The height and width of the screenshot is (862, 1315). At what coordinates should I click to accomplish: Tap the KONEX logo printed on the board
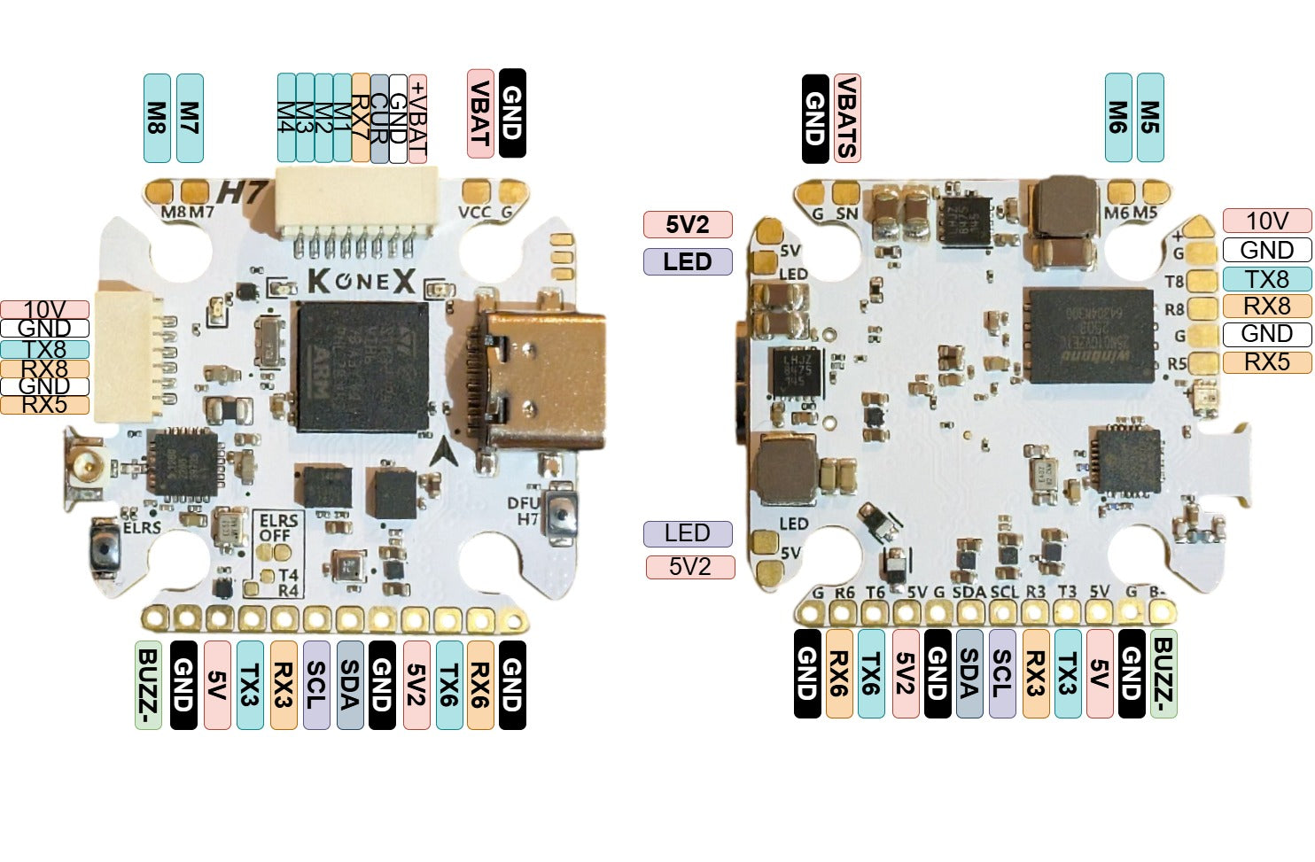point(362,282)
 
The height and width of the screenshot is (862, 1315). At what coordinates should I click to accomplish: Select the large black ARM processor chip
point(362,367)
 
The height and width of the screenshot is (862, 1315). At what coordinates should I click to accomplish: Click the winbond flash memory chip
point(1089,335)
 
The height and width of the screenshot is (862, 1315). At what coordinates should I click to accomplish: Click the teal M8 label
point(157,118)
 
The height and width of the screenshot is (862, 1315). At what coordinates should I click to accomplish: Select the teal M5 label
point(1150,118)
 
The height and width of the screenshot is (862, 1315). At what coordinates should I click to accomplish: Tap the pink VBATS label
point(847,118)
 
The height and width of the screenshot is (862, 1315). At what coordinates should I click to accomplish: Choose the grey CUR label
point(379,118)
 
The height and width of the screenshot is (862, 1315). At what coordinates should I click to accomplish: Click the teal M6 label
point(1118,118)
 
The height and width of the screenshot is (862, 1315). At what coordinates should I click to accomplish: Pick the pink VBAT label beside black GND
point(480,114)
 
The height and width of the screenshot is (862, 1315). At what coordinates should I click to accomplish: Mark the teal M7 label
point(190,118)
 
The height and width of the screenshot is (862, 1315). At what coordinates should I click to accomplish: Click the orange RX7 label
point(361,118)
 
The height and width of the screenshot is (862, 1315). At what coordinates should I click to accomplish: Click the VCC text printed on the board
point(475,212)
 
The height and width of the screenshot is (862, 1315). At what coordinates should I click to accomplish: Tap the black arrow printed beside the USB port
point(446,453)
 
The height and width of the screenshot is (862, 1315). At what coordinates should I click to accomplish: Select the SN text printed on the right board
point(847,214)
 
